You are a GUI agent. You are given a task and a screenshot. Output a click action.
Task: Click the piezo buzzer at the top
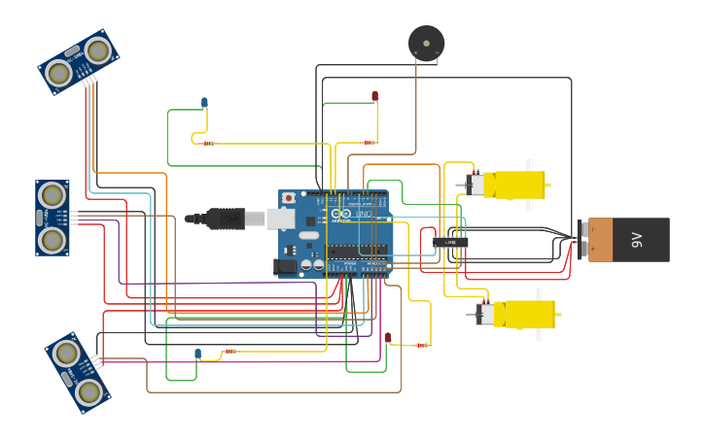(x=426, y=43)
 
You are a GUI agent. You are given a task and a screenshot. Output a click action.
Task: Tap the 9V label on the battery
(x=637, y=239)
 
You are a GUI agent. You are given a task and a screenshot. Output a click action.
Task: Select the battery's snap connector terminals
(x=582, y=239)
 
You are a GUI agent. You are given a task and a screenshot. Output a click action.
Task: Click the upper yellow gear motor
(x=511, y=185)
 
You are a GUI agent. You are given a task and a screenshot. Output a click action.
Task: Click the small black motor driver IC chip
(x=450, y=242)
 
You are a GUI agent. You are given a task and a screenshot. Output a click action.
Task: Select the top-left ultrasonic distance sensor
(x=79, y=61)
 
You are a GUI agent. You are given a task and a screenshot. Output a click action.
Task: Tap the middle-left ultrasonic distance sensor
(x=53, y=218)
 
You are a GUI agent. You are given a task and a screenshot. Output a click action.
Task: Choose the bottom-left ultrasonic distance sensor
(x=78, y=372)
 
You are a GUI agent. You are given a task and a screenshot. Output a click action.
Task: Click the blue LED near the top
(x=204, y=102)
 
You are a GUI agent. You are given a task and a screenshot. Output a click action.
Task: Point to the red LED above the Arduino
(x=374, y=95)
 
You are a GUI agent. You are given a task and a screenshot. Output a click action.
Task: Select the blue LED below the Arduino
(x=197, y=354)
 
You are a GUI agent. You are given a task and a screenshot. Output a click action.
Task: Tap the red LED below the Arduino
(x=387, y=337)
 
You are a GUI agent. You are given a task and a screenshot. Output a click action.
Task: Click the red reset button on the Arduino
(x=288, y=197)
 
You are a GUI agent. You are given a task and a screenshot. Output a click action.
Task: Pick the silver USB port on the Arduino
(x=280, y=219)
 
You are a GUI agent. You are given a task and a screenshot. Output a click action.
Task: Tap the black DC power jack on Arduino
(x=286, y=265)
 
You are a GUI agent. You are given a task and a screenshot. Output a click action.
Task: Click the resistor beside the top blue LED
(x=208, y=143)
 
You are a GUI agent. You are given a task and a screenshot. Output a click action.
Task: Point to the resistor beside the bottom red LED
(x=422, y=345)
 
